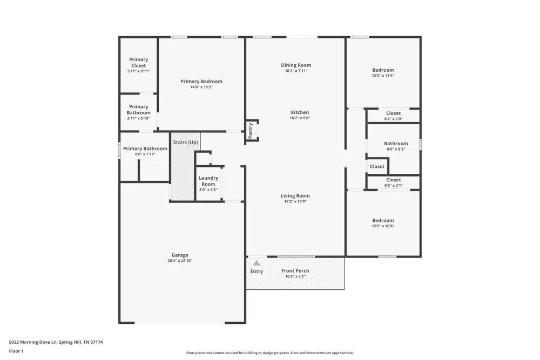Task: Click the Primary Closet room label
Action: [138, 63]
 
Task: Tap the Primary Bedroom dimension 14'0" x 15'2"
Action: [201, 87]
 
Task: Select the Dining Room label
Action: [296, 65]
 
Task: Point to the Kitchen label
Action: [299, 112]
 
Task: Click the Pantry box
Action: [251, 131]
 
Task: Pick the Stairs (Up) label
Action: [185, 142]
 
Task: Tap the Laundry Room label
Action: [208, 181]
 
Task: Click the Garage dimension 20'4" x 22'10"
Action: [180, 261]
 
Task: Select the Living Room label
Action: [295, 196]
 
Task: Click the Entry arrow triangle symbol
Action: [256, 263]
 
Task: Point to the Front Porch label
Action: [295, 271]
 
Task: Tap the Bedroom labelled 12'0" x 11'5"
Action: [383, 70]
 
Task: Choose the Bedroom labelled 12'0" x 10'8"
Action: [383, 220]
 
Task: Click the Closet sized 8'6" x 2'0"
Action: [393, 113]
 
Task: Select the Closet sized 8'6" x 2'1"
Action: [393, 180]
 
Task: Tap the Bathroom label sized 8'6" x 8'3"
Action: [395, 144]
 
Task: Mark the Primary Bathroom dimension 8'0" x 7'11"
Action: [145, 154]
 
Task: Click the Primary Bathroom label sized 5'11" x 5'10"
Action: [138, 110]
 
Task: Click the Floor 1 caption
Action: [16, 351]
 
